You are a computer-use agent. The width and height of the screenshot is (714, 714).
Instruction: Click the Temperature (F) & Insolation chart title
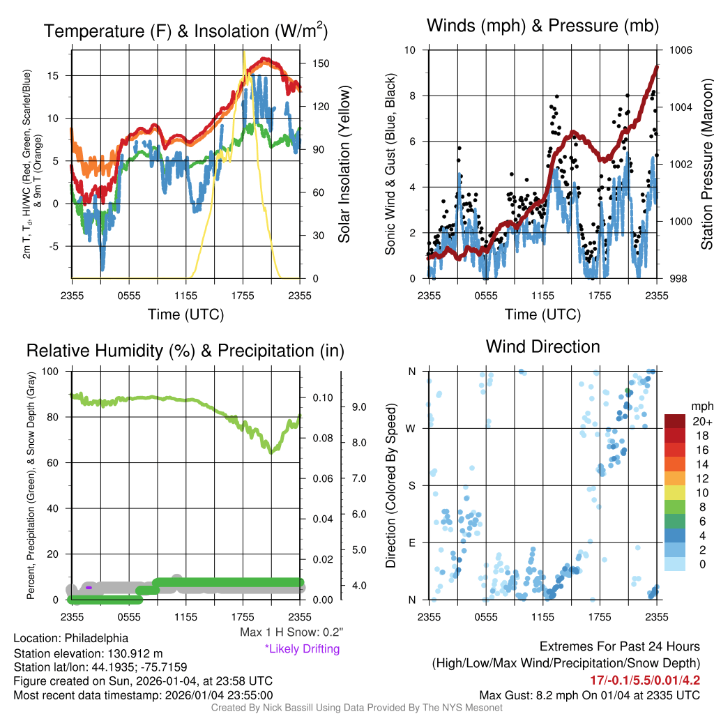click(185, 31)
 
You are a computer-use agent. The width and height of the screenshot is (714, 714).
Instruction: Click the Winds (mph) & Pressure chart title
click(542, 26)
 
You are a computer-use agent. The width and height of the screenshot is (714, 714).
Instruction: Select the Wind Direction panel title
click(542, 346)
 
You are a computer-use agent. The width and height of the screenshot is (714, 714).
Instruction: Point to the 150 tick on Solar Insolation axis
click(321, 63)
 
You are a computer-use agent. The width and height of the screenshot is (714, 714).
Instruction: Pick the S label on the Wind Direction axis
click(411, 485)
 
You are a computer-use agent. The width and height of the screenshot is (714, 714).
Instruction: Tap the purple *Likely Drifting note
click(302, 648)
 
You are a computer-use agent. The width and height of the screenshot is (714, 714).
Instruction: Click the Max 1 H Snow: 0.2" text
click(291, 632)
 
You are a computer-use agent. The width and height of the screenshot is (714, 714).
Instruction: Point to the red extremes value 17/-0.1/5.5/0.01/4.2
click(645, 680)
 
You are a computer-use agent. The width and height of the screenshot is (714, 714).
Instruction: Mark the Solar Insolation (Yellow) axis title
click(344, 164)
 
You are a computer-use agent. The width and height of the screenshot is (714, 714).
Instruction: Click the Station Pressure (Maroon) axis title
click(706, 164)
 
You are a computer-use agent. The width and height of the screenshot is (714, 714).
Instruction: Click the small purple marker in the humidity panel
click(89, 588)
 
